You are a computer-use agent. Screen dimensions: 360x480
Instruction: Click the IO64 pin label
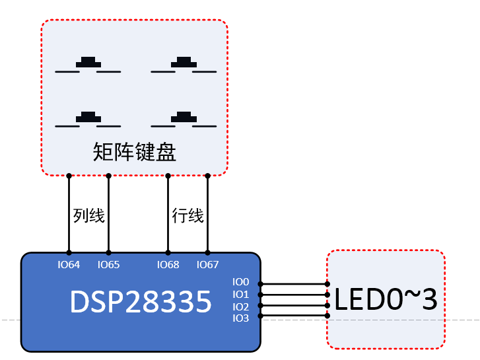tap(69, 265)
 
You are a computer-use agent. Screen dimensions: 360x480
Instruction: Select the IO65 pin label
tap(108, 265)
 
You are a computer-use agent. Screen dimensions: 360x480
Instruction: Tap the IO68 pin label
tap(168, 265)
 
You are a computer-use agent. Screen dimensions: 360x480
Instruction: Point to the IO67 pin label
tap(207, 265)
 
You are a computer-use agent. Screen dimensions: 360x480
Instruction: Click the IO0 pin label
tap(241, 282)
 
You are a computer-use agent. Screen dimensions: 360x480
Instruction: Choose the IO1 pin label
tap(241, 295)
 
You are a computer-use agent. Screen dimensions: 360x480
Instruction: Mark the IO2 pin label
tap(241, 306)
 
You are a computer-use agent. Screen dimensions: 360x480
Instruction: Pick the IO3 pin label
tap(241, 318)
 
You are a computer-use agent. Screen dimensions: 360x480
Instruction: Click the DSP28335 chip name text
tap(141, 302)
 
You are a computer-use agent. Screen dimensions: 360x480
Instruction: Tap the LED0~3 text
tap(386, 300)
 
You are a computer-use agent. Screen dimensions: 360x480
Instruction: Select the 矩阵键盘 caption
tap(135, 153)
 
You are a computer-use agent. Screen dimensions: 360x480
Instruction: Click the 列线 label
tap(88, 216)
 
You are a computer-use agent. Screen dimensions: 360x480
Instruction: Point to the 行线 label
tap(188, 216)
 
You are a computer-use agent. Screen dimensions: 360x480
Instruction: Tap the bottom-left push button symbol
tap(88, 120)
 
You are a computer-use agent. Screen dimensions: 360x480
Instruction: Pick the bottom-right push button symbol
tap(184, 120)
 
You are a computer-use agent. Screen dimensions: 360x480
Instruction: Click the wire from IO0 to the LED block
tap(294, 283)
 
